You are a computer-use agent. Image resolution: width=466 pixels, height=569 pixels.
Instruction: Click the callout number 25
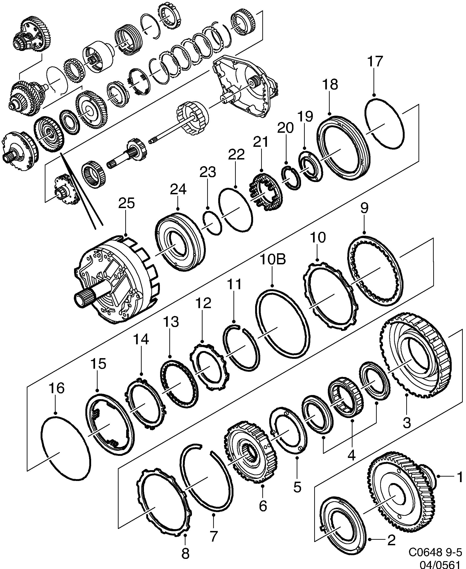126,204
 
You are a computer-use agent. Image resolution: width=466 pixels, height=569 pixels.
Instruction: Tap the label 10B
272,260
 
